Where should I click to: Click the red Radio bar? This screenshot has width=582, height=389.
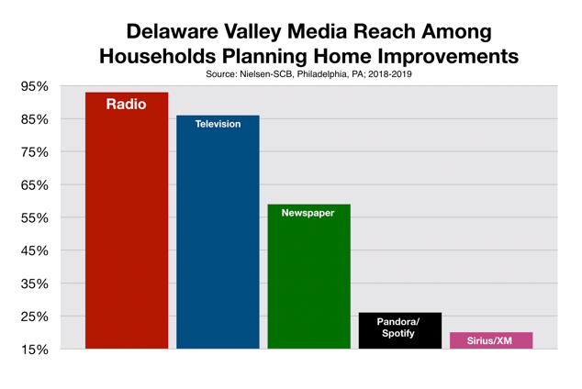pos(127,220)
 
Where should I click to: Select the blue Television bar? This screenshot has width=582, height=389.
pos(218,232)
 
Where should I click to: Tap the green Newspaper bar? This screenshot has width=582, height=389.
pos(308,276)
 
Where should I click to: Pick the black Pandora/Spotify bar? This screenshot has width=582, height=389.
pos(400,330)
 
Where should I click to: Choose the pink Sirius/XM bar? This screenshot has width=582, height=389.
pos(491,340)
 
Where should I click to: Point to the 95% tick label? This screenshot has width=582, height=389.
pos(35,86)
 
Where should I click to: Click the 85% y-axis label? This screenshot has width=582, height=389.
pos(35,119)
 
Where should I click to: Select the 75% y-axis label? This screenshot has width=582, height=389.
pos(35,152)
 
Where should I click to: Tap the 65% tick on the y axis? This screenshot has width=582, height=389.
pos(35,185)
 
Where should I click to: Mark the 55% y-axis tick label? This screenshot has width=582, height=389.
pos(35,217)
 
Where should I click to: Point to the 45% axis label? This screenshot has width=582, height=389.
pos(35,250)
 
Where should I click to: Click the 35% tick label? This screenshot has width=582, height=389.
pos(35,283)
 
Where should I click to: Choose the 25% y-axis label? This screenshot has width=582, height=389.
pos(35,317)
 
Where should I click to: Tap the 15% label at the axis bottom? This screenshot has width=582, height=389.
pos(35,350)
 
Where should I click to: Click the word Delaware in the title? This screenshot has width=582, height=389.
pos(173,31)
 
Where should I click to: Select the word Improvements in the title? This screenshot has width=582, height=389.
pos(448,56)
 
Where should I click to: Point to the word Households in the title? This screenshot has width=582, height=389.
pos(157,56)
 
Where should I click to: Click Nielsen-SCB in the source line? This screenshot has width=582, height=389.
pos(266,74)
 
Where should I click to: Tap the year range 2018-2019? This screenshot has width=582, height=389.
pos(390,74)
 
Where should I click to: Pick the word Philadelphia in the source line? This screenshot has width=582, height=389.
pos(322,74)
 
